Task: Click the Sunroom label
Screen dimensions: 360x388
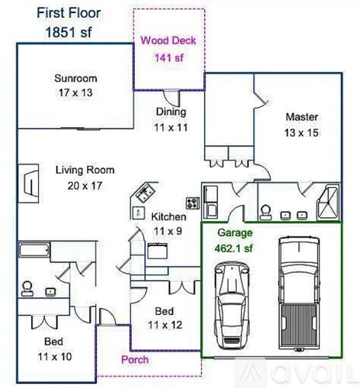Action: [76, 78]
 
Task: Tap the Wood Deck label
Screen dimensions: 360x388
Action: [168, 40]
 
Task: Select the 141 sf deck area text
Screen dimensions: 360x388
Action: [169, 57]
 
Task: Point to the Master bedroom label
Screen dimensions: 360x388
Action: [302, 117]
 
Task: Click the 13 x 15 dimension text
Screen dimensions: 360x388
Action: [301, 133]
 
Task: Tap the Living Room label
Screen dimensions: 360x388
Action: [85, 170]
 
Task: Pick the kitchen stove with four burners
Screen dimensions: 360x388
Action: [193, 203]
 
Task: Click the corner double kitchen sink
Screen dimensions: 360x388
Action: [146, 192]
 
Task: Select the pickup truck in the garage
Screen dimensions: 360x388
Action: [299, 293]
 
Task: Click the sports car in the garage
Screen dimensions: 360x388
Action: [232, 306]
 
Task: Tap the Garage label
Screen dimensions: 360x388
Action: [235, 233]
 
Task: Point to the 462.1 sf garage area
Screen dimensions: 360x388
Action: [234, 248]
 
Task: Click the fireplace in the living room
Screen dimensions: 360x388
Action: [29, 183]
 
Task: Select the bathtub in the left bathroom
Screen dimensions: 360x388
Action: [34, 250]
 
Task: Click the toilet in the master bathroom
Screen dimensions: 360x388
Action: [266, 213]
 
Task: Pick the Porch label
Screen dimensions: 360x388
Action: [135, 360]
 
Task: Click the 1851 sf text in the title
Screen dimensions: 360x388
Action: [69, 33]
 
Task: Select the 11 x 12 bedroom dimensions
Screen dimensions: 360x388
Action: [165, 325]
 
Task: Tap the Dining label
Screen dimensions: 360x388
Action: [171, 112]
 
